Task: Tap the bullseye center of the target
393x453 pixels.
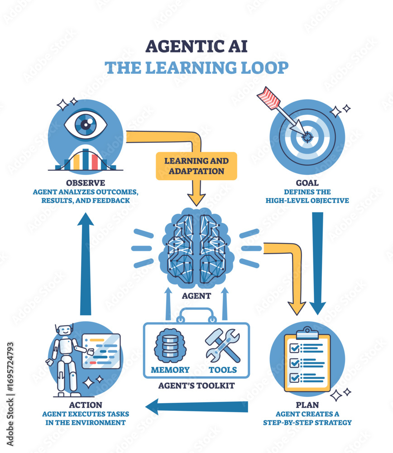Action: click(308, 135)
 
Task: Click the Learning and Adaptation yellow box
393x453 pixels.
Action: click(196, 166)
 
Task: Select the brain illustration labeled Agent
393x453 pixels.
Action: click(196, 248)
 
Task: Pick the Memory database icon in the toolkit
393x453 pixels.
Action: click(170, 346)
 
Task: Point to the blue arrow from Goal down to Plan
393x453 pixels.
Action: click(318, 263)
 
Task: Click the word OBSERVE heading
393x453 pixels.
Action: click(85, 183)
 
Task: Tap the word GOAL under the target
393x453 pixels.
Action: click(307, 183)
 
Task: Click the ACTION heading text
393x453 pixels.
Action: click(85, 405)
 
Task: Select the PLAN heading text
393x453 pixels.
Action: click(307, 405)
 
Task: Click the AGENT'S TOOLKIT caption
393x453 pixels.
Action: click(196, 386)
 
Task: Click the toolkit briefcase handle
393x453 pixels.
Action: click(196, 313)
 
